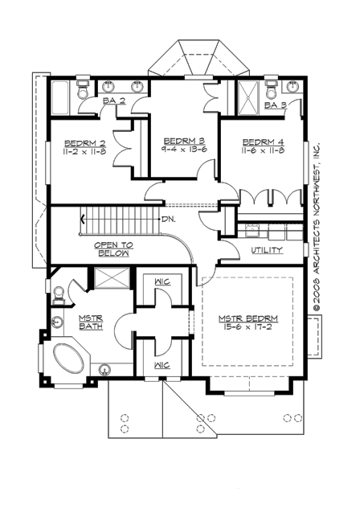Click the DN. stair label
168,218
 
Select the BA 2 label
113,101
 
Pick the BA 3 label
276,105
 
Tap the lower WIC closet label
162,364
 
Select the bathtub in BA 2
62,99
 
